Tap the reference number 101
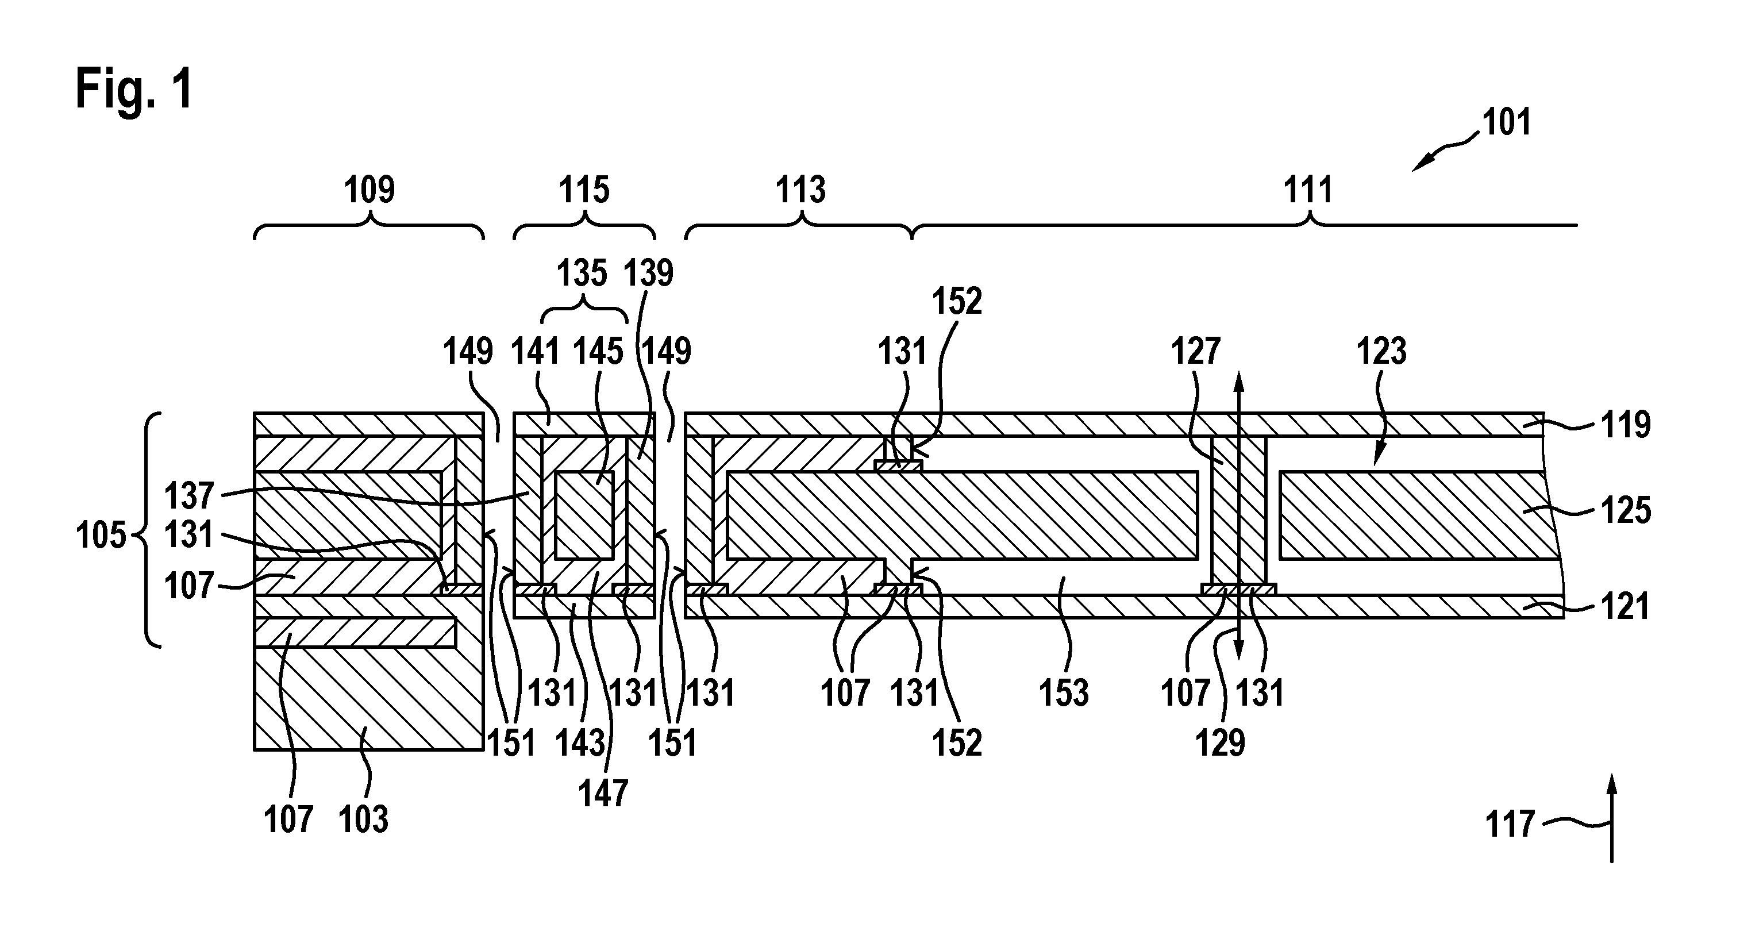(x=1506, y=122)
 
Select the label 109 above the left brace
(x=369, y=190)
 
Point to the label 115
(x=584, y=190)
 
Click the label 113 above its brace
(x=800, y=190)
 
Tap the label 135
(x=582, y=273)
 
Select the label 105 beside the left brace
(x=101, y=535)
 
